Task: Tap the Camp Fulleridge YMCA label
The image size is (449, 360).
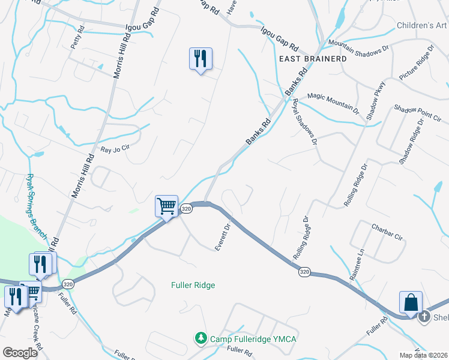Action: coord(253,339)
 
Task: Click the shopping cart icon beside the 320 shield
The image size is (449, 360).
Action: coord(166,206)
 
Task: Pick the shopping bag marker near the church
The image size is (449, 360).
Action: coord(412,302)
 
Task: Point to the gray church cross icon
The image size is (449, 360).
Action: coord(424,316)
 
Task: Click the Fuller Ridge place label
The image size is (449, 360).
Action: coord(193,285)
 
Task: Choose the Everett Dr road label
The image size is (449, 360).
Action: coord(223,238)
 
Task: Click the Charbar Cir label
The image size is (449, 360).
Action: coord(387,233)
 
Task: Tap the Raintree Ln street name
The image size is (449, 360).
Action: coord(357,265)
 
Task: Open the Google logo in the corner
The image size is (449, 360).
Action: coord(20,352)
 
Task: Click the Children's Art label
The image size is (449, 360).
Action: coord(422,26)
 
